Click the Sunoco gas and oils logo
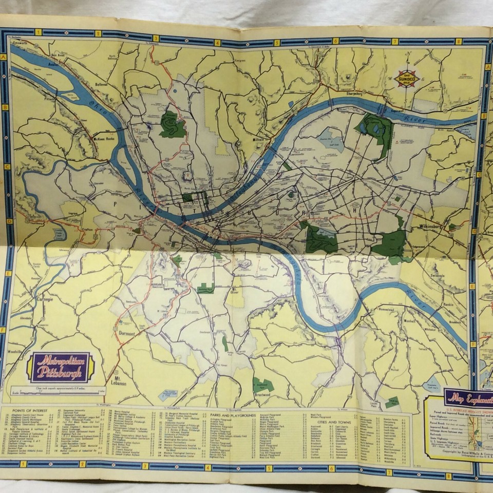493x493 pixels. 407,78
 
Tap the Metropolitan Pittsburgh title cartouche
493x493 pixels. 61,367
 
